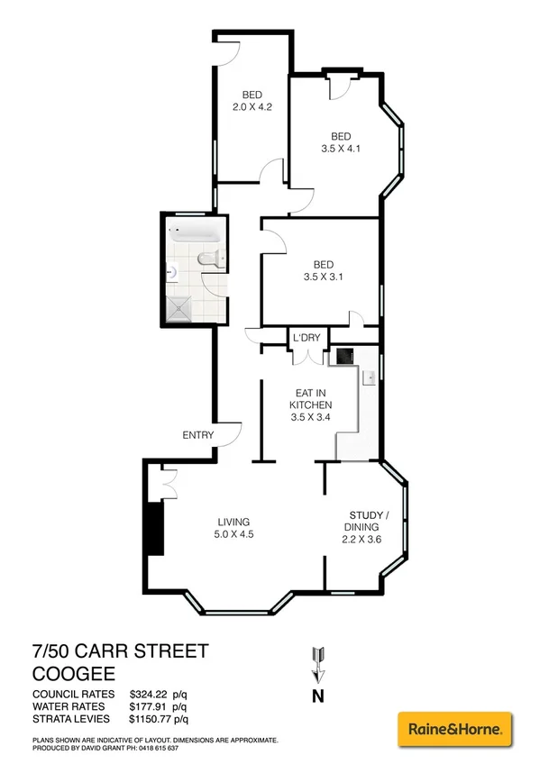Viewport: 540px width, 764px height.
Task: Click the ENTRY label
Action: click(198, 435)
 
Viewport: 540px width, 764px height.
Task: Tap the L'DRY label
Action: click(306, 337)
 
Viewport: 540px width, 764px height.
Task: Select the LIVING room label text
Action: click(233, 522)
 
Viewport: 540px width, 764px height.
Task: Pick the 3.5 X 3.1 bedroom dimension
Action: click(321, 277)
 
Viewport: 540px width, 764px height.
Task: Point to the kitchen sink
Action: click(369, 378)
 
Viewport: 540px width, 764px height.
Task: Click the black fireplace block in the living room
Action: click(155, 528)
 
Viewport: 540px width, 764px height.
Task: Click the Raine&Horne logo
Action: click(454, 727)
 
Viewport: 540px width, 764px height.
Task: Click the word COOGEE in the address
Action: click(71, 672)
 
